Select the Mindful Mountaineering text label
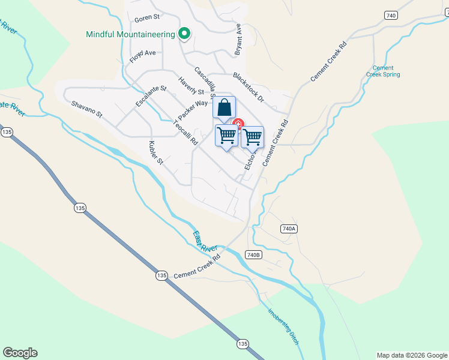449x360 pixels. tap(130, 34)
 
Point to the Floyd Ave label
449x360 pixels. tap(142, 53)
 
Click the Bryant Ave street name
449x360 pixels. tap(238, 40)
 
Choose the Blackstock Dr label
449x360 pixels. tap(248, 85)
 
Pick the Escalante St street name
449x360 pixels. tap(151, 97)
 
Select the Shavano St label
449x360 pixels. tap(87, 109)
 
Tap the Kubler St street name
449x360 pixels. tap(156, 152)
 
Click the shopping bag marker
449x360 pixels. tap(224, 108)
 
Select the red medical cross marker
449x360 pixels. tap(238, 124)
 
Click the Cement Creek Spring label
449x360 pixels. tap(383, 71)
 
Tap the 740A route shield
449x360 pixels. tap(289, 229)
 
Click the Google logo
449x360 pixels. tap(20, 353)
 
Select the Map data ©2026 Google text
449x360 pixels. tap(412, 355)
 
